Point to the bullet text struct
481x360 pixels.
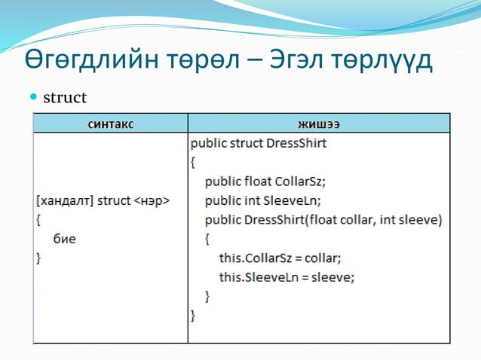point(65,98)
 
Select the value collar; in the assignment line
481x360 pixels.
point(323,258)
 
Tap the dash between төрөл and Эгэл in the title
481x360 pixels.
point(253,61)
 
